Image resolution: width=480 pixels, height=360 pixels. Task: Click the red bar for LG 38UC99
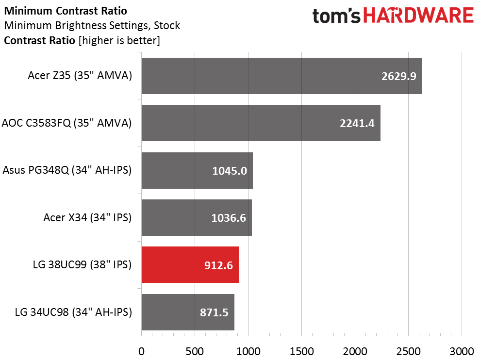(x=190, y=265)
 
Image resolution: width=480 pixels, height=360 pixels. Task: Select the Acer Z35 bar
(x=282, y=76)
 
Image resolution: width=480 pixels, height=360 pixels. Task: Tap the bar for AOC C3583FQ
(x=261, y=123)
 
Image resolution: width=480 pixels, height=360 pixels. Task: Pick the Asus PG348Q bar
(x=197, y=170)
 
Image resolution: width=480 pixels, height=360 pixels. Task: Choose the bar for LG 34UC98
(x=188, y=312)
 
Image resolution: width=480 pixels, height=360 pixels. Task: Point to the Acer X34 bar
(x=197, y=218)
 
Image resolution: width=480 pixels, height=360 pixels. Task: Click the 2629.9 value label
(x=399, y=76)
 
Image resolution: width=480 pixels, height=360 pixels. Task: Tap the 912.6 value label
(x=218, y=265)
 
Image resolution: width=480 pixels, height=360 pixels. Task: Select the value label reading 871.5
(x=215, y=312)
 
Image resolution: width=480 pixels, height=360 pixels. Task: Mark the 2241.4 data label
(x=357, y=123)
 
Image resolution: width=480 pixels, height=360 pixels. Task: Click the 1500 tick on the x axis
(x=301, y=351)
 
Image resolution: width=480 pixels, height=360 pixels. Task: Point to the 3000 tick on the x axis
(x=462, y=351)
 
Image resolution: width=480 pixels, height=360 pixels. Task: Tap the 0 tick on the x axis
(x=141, y=351)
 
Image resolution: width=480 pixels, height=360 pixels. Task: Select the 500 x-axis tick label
(x=195, y=351)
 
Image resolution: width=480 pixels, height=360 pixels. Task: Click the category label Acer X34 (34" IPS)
(x=87, y=218)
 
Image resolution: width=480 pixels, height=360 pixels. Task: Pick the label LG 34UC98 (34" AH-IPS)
(x=73, y=312)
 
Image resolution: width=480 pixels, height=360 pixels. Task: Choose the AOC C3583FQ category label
(x=67, y=123)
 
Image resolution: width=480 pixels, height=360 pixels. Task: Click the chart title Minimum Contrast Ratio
(x=66, y=11)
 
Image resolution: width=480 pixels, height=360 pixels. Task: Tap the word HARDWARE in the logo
(x=418, y=16)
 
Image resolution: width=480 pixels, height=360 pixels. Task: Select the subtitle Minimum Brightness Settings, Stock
(x=92, y=26)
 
